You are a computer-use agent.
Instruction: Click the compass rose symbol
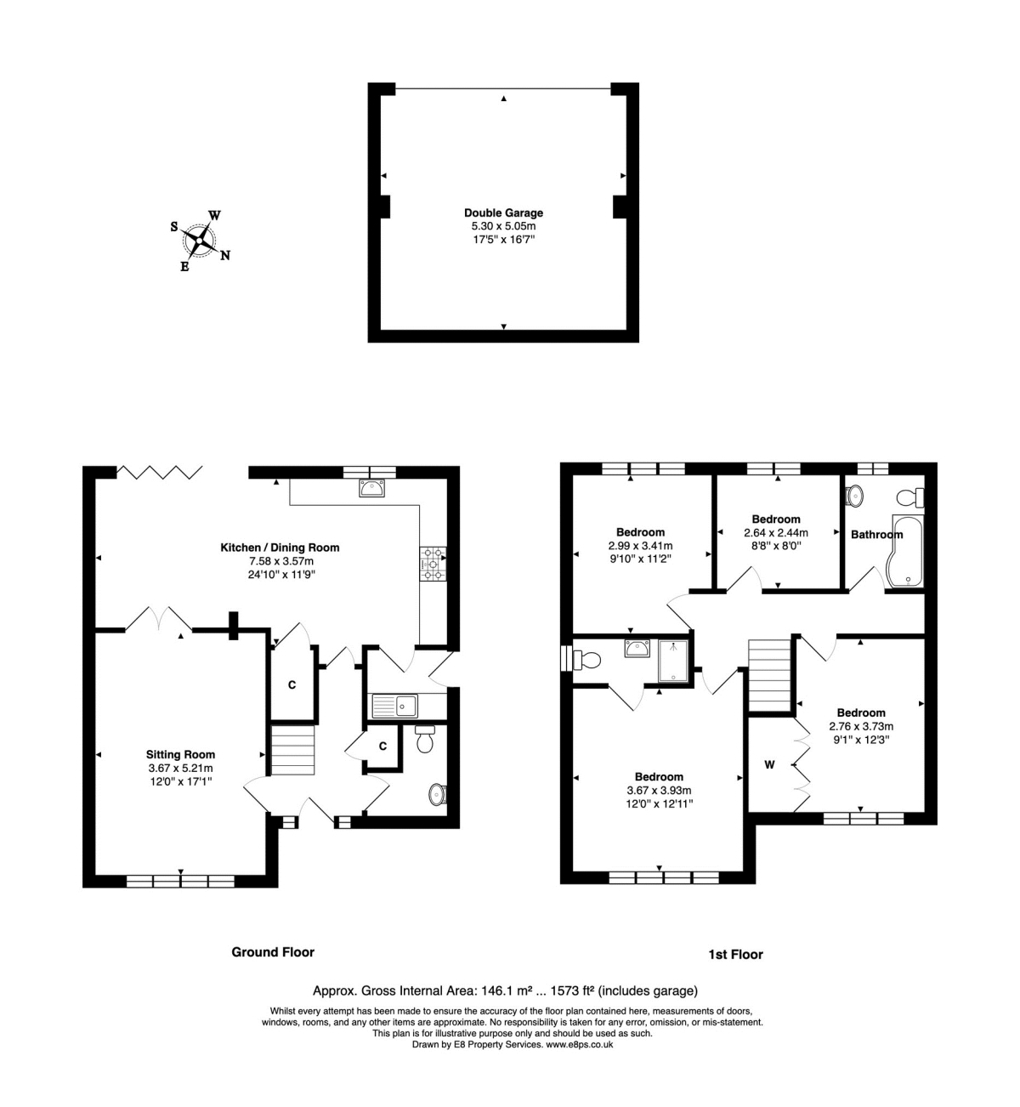[200, 240]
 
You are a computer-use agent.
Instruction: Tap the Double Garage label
[503, 213]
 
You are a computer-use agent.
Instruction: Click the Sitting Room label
[180, 754]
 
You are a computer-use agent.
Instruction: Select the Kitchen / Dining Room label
[280, 548]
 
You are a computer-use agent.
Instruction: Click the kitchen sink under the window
[372, 488]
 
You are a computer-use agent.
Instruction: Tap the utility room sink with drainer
[395, 705]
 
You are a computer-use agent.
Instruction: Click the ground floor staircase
[293, 749]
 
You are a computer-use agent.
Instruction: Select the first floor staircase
[769, 675]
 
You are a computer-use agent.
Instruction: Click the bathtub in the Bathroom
[903, 551]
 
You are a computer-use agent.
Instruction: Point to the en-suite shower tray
[676, 661]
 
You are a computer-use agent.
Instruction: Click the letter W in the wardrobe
[769, 764]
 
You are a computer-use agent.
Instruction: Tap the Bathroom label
[876, 534]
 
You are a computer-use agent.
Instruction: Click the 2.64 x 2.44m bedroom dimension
[775, 532]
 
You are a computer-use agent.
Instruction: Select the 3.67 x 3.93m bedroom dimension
[659, 790]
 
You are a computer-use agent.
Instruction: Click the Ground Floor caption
[273, 952]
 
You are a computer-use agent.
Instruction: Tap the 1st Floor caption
[735, 954]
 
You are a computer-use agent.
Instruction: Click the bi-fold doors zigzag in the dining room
[160, 472]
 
